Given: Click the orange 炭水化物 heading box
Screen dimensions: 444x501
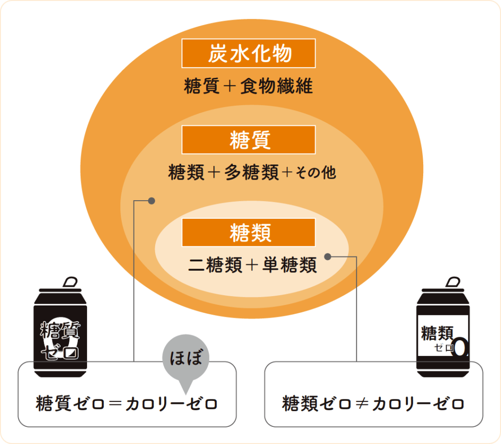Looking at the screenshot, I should (249, 53).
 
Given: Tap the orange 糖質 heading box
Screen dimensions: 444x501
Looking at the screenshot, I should (249, 140).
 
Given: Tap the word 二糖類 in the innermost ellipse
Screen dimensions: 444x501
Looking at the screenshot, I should (216, 265).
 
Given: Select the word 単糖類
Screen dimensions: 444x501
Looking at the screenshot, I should (290, 265).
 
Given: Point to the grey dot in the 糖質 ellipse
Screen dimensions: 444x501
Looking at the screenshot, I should (152, 200).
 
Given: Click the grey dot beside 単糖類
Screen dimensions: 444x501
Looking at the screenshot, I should (328, 256).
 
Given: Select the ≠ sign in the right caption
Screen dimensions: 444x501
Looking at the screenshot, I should (362, 404).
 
